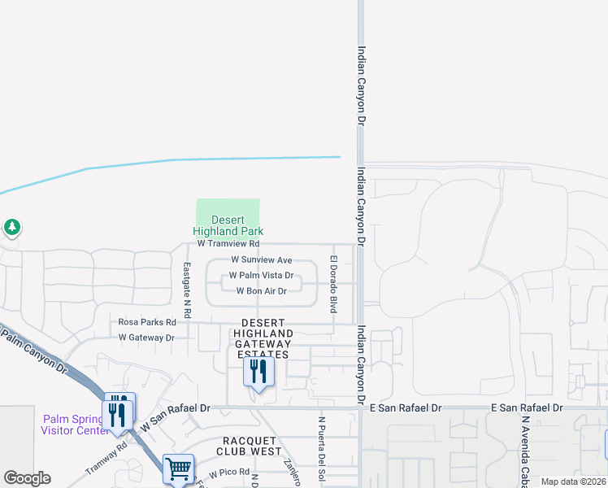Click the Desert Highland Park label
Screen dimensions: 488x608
(228, 225)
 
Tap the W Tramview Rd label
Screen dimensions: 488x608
(228, 243)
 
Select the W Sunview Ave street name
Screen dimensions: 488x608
(261, 259)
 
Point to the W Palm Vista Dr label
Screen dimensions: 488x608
(261, 276)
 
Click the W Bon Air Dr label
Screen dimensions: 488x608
(261, 291)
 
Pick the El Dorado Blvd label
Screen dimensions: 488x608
(332, 284)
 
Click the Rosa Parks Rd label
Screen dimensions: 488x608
(142, 321)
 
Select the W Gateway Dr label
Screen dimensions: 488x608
(146, 337)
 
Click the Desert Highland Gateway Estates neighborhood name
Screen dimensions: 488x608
(263, 338)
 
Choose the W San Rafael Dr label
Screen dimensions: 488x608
(176, 414)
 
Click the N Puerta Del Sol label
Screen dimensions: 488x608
(322, 452)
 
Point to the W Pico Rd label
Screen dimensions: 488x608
(229, 473)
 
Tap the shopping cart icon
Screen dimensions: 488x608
(178, 468)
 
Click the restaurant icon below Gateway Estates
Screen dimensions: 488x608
(258, 373)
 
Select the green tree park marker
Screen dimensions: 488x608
(11, 227)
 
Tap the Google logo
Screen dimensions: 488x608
(27, 478)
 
